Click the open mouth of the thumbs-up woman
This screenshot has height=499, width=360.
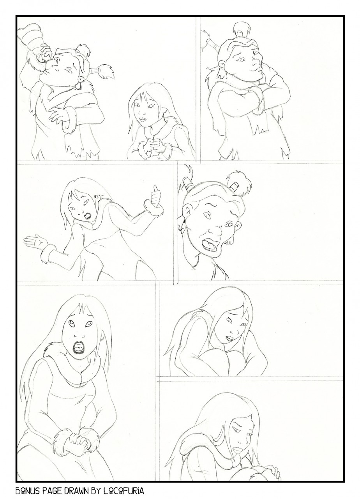pos(88,216)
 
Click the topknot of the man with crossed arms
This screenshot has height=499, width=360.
pos(242,28)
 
